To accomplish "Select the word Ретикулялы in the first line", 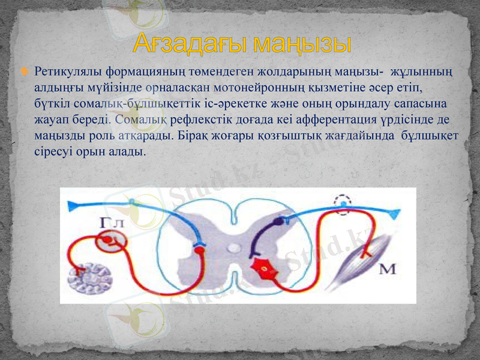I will [x=66, y=73].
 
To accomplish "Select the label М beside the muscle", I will [x=388, y=269].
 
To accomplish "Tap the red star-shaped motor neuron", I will [x=262, y=268].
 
